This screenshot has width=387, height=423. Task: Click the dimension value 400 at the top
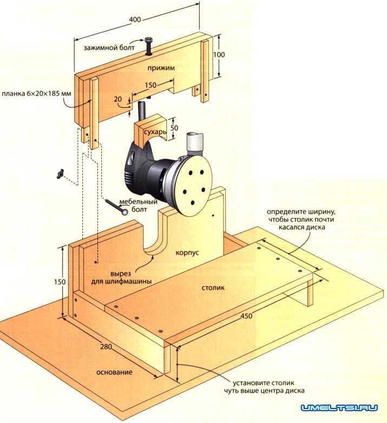pos(135,19)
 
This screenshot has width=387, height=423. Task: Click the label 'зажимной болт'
pos(112,47)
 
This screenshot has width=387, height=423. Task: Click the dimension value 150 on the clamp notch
pos(151,85)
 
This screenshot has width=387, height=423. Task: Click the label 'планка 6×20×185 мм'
pos(36,93)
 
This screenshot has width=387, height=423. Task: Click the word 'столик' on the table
pos(213,289)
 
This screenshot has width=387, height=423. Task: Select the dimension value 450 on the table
pos(247,316)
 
